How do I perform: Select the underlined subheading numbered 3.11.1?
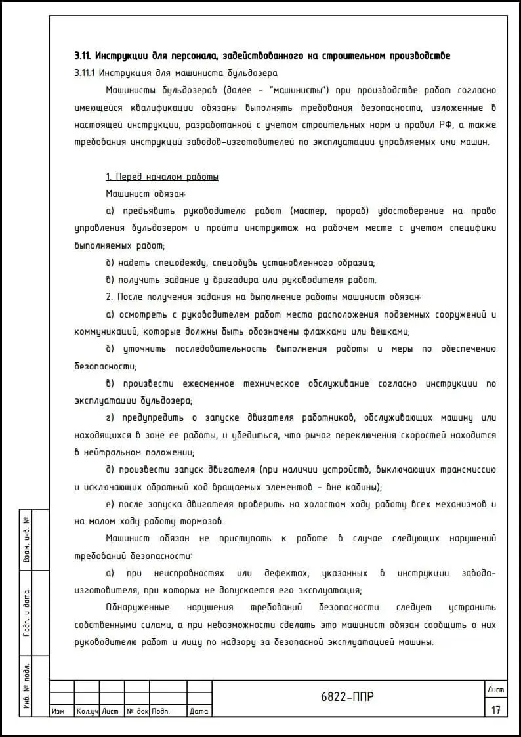(176, 73)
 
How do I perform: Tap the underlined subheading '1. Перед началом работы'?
(162, 177)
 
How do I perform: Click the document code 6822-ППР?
(348, 697)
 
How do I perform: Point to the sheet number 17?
(495, 709)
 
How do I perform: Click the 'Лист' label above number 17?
(495, 689)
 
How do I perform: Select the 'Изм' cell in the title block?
(58, 711)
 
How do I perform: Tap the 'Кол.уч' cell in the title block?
(87, 711)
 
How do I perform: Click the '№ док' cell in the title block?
(137, 711)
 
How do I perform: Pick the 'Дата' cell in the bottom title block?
(199, 711)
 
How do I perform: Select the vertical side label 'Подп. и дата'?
(28, 614)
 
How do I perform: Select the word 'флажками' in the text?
(329, 331)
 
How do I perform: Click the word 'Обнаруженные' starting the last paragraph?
(137, 607)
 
